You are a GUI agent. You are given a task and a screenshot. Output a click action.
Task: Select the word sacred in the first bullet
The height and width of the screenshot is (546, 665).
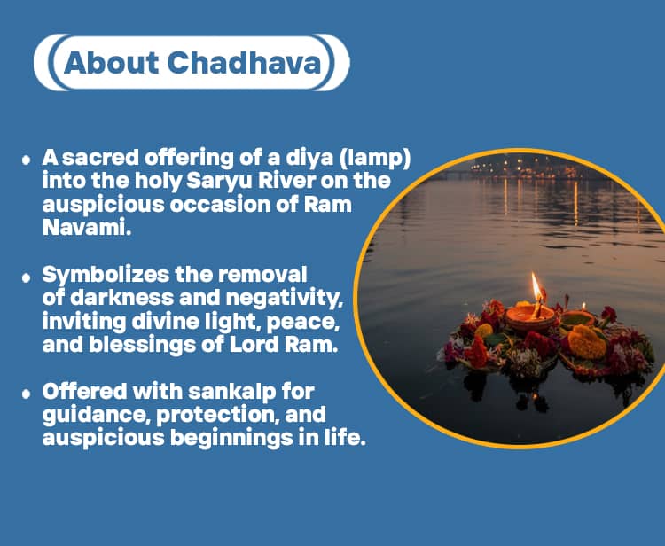(x=96, y=158)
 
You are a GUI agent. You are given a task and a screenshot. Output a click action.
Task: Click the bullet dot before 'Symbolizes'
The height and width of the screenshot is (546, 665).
(x=27, y=277)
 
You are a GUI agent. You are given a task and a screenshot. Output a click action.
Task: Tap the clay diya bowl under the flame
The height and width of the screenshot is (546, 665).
(x=530, y=317)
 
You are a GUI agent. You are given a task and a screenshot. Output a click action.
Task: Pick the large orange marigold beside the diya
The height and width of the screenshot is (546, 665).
(x=587, y=340)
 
